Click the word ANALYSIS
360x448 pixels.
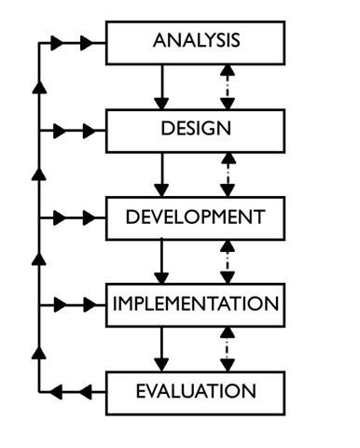(197, 40)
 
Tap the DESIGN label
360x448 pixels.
(196, 128)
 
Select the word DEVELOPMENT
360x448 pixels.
(195, 217)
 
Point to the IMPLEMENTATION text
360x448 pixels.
(196, 303)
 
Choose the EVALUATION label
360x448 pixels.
(196, 391)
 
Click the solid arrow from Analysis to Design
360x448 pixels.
(161, 87)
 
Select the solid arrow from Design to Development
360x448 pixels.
(161, 175)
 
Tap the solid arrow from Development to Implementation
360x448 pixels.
(161, 261)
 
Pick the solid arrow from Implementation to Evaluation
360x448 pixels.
(161, 349)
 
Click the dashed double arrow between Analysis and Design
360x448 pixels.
(228, 87)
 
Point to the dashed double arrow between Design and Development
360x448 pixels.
(228, 175)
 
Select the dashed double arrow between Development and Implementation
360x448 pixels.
(228, 261)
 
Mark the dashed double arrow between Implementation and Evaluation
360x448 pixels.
(228, 349)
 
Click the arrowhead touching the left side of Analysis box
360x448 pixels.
(87, 43)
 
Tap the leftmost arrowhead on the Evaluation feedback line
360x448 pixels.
(56, 392)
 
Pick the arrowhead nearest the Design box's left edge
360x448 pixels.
(90, 131)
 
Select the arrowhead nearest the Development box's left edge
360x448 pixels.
(90, 218)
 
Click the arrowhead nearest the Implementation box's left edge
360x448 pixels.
(90, 305)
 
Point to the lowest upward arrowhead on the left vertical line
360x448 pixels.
(39, 353)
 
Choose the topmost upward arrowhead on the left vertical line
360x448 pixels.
(39, 87)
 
